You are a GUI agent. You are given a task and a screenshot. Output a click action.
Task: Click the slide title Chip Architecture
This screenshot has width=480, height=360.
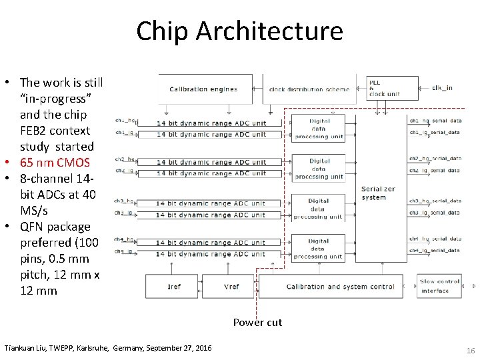pyautogui.click(x=239, y=31)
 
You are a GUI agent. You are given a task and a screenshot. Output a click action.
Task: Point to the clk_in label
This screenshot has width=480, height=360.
pyautogui.click(x=443, y=87)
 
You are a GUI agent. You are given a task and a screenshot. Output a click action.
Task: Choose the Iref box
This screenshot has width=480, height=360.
pyautogui.click(x=173, y=287)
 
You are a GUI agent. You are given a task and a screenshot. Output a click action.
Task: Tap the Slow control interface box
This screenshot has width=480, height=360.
pyautogui.click(x=439, y=286)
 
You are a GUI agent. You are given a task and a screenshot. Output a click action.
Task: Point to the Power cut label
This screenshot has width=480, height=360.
pyautogui.click(x=257, y=323)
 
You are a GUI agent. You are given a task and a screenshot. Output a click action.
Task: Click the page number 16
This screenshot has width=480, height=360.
pyautogui.click(x=470, y=349)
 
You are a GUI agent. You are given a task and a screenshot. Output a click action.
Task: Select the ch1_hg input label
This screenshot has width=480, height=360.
pyautogui.click(x=125, y=121)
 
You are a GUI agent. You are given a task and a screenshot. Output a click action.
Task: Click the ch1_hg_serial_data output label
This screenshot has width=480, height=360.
pyautogui.click(x=435, y=121)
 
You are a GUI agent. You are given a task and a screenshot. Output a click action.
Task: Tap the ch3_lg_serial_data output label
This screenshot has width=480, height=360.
pyautogui.click(x=435, y=213)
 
